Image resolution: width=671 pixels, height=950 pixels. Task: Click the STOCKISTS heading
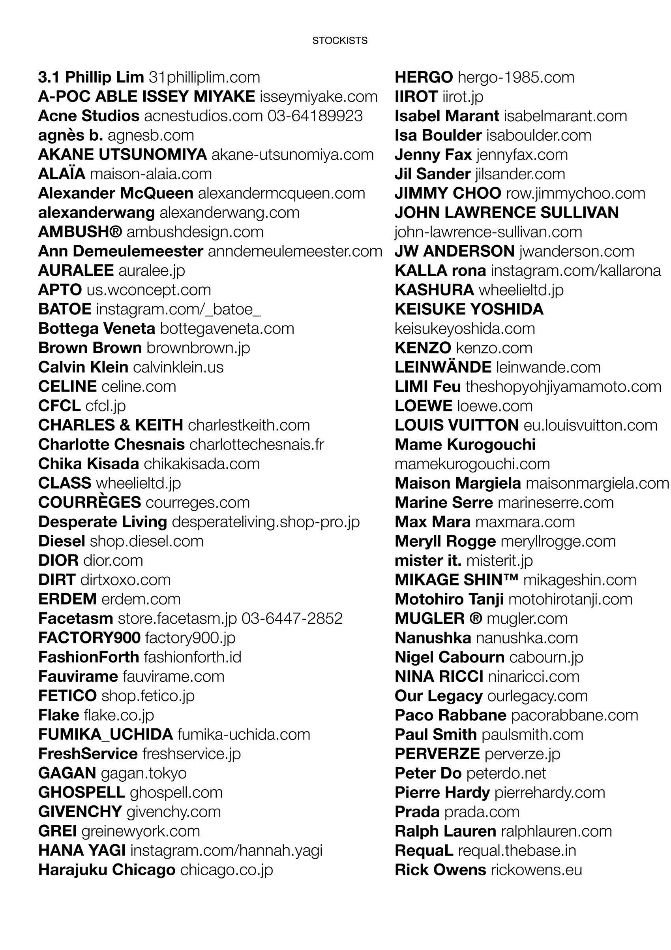[x=339, y=41]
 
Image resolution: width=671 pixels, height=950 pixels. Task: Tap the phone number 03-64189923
[x=315, y=116]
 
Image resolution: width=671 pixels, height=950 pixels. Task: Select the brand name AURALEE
[x=76, y=271]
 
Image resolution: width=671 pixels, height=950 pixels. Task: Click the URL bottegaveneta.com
[x=227, y=329]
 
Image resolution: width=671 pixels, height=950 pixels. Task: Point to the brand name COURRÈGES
[x=89, y=502]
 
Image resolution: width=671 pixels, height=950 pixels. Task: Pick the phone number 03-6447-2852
[x=292, y=618]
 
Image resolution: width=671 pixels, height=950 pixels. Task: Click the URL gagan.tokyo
[x=143, y=773]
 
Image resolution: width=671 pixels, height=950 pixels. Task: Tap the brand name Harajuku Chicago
[x=107, y=870]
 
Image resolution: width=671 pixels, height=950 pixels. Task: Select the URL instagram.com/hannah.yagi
[x=226, y=850]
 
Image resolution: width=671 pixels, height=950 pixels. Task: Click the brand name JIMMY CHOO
[x=448, y=193]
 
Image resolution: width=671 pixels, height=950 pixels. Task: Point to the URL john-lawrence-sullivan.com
[x=488, y=232]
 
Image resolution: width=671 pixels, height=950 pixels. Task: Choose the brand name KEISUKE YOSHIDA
[x=469, y=309]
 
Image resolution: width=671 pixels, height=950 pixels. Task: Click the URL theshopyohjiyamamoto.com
[x=563, y=386]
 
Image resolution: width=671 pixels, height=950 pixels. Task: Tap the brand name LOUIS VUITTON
[x=456, y=425]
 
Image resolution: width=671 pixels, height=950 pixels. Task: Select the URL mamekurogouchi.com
[x=472, y=464]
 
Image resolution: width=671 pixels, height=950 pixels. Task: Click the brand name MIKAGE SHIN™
[x=456, y=580]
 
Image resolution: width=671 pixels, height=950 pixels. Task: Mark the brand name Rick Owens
[x=440, y=870]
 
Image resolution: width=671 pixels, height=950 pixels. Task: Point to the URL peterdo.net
[x=506, y=773]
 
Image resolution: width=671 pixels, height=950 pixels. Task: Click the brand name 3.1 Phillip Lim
[x=91, y=77]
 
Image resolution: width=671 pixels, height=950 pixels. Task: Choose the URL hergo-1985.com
[x=516, y=77]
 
